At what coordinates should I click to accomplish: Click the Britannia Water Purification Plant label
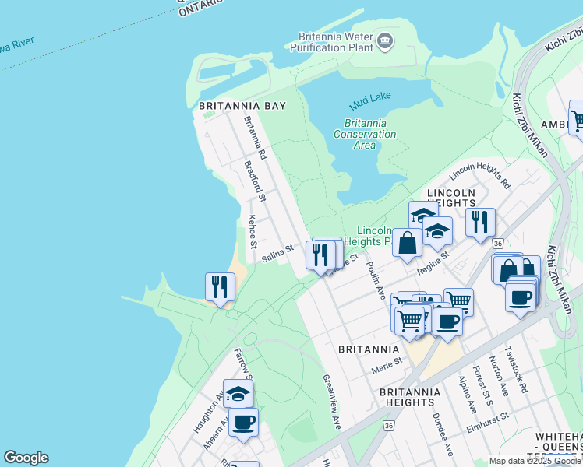333,42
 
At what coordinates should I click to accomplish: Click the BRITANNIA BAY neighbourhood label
238,105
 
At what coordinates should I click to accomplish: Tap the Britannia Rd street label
256,139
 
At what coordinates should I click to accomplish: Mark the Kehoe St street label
253,232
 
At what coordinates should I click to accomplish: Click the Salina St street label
277,254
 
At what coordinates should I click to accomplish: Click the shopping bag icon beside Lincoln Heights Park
407,242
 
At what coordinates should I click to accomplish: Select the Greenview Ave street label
332,402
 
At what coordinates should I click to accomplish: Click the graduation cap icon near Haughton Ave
238,393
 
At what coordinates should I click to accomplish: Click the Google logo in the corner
26,458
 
